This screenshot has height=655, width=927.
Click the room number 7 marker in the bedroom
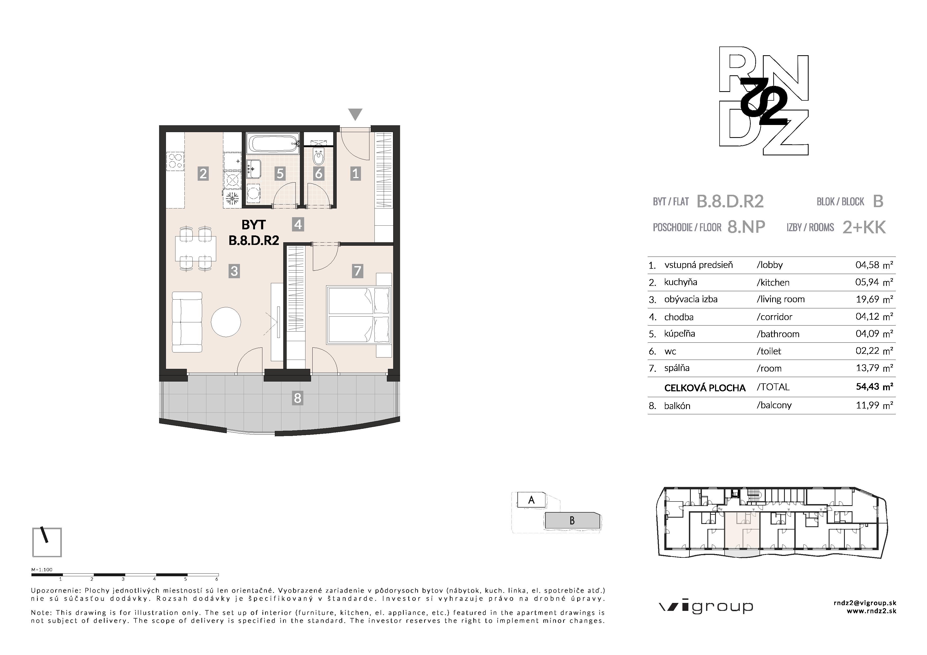357,271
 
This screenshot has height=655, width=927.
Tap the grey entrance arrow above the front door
355,114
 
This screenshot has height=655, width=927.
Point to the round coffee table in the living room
226,322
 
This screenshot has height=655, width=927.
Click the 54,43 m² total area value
874,387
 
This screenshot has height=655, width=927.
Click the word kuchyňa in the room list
681,282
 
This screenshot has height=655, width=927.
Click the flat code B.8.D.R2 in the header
730,201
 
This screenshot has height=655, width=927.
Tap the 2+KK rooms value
864,227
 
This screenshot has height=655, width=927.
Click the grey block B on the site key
572,521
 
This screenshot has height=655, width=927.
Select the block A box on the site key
531,500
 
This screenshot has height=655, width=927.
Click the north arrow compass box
47,542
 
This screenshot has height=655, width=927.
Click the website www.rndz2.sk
871,611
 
